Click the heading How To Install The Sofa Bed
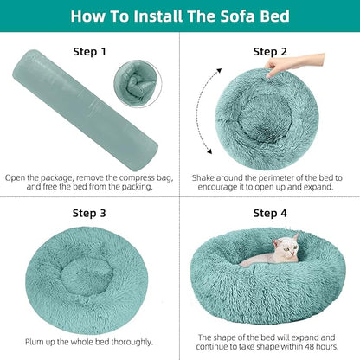[x=180, y=16]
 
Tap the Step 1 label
[x=89, y=51]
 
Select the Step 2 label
[x=270, y=51]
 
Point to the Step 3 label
[x=89, y=212]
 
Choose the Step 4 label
[x=270, y=212]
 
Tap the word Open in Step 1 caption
[x=16, y=178]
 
